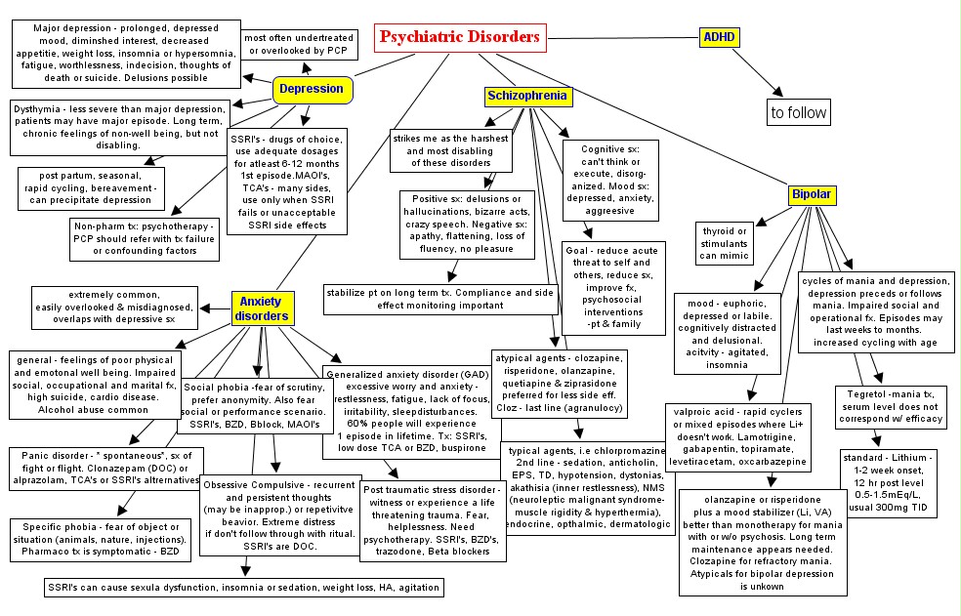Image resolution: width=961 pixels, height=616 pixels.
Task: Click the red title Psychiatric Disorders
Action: pos(459,37)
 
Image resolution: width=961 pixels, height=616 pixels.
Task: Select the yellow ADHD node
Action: pos(719,38)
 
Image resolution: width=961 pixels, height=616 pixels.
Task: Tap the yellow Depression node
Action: pos(312,89)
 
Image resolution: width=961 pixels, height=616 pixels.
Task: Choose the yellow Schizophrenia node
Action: pos(527,97)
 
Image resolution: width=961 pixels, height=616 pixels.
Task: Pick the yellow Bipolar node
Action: pos(811,194)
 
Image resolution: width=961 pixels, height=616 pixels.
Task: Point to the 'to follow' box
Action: pos(799,112)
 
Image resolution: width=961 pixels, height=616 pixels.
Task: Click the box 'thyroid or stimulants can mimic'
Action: pos(724,243)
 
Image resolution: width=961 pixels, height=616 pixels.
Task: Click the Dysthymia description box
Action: pos(119,127)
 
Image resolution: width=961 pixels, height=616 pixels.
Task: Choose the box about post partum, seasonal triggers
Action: pos(91,187)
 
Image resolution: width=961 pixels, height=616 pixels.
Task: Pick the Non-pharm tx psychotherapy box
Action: pos(146,239)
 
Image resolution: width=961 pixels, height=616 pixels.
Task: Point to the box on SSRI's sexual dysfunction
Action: pos(244,588)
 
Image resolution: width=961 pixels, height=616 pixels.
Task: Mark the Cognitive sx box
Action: pos(610,177)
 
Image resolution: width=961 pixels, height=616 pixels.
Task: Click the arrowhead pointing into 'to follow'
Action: pos(777,90)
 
